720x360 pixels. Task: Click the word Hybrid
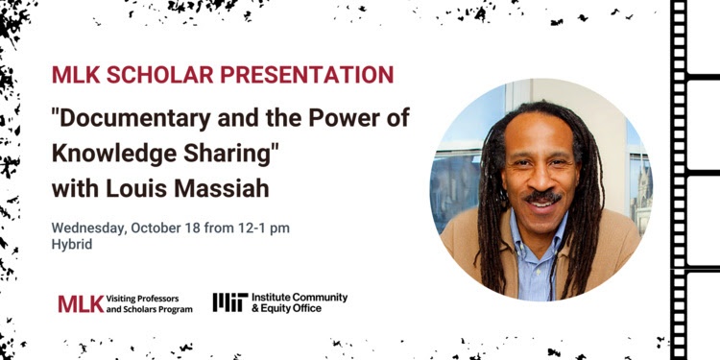click(70, 246)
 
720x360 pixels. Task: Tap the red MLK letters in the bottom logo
click(80, 303)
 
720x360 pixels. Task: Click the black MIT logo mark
click(229, 302)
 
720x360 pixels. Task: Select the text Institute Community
click(299, 297)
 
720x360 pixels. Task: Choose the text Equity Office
click(292, 309)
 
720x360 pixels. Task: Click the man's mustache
click(544, 196)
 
